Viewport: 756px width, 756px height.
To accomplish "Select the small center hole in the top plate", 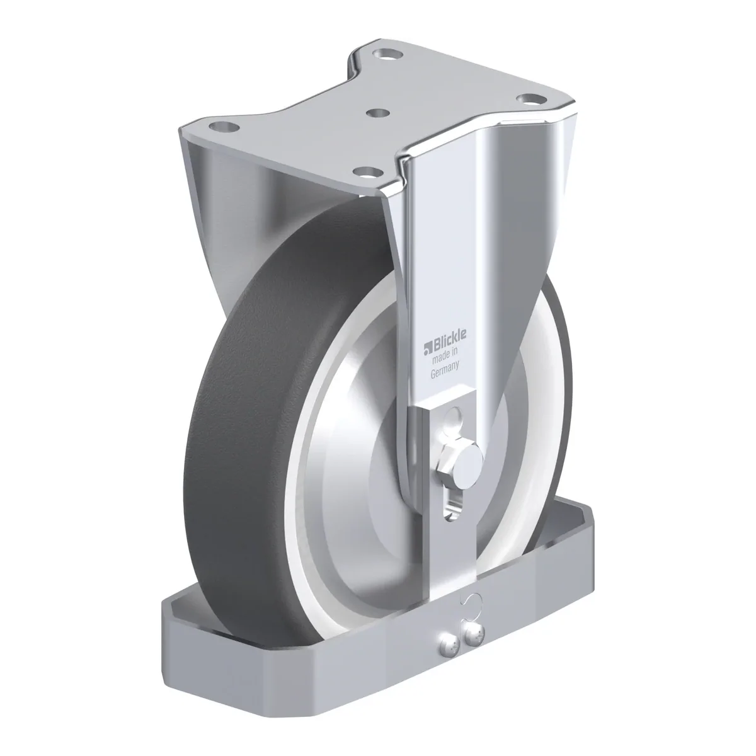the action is [377, 113].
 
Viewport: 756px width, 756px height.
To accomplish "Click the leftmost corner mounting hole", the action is [225, 127].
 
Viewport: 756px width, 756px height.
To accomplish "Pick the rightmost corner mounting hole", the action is [531, 98].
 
